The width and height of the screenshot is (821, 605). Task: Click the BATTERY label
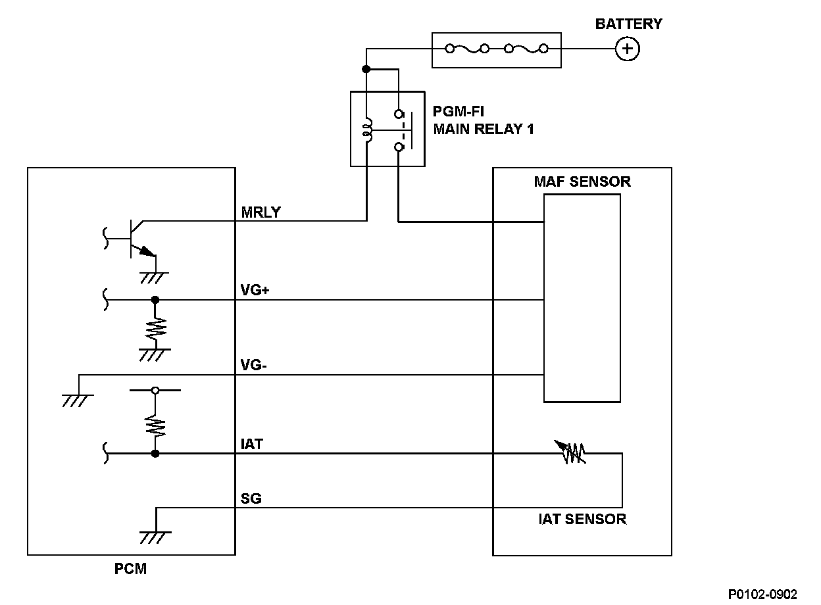[628, 24]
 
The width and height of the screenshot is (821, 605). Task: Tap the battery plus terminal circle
[628, 49]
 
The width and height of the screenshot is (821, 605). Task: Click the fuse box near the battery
[496, 49]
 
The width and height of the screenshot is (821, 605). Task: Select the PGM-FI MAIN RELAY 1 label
[484, 120]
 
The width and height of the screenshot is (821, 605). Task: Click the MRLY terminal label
[261, 212]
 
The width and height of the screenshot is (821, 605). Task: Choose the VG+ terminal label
[255, 291]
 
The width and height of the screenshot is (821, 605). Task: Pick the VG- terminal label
[253, 366]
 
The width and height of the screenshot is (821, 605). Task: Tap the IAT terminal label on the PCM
[252, 445]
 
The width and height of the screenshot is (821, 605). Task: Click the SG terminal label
[251, 498]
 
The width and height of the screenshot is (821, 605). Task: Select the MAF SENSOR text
[582, 181]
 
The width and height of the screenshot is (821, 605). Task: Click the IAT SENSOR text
[582, 519]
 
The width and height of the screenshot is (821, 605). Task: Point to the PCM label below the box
[131, 569]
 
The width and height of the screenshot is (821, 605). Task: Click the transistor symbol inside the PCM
[137, 238]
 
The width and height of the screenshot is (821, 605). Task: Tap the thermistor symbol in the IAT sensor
[573, 452]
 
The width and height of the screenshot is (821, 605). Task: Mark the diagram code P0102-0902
[762, 594]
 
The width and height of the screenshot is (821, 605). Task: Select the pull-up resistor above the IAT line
[155, 424]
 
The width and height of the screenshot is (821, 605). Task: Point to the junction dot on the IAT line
[155, 454]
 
